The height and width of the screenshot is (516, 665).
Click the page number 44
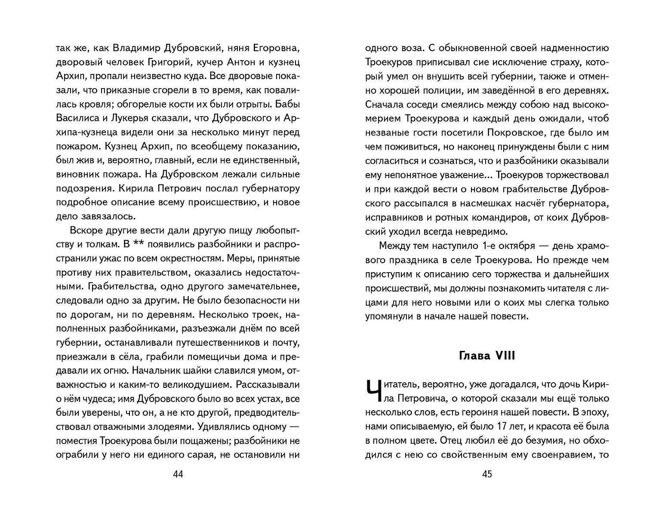click(x=178, y=474)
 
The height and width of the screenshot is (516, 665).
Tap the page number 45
click(x=487, y=474)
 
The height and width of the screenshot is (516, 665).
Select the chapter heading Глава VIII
click(x=487, y=356)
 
